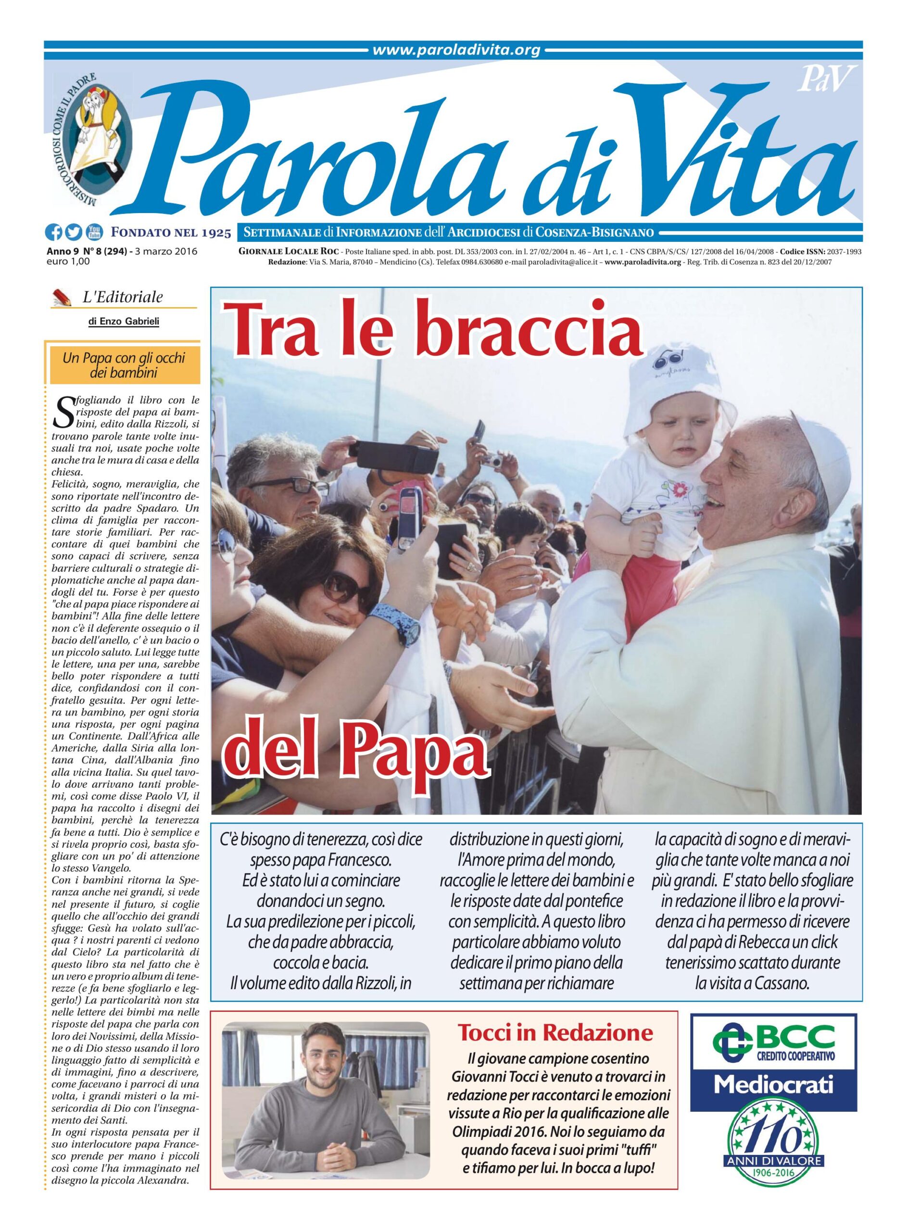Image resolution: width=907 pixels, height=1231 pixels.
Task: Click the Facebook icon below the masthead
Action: (x=54, y=233)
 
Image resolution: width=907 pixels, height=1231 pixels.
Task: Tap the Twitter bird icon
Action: (x=73, y=233)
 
